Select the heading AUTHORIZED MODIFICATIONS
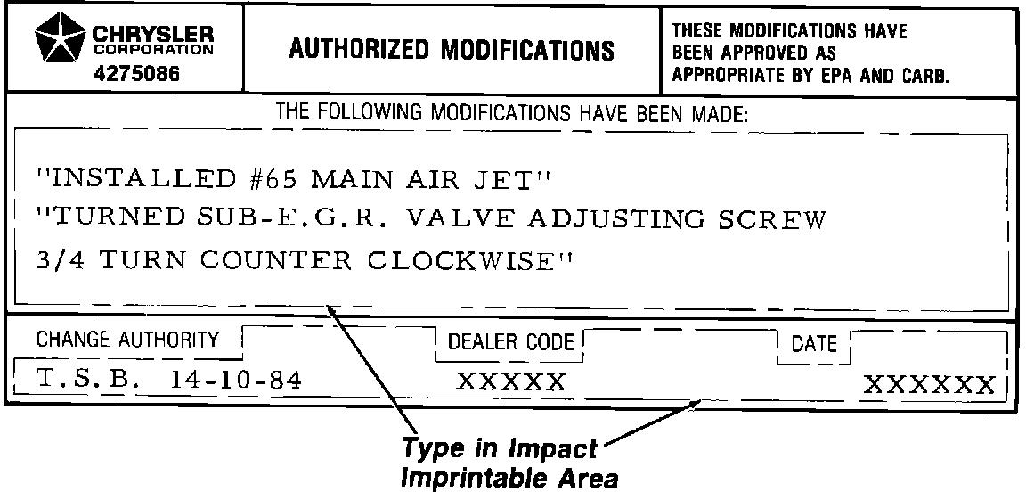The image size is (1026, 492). point(452,51)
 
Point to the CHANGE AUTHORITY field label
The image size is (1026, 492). point(127,340)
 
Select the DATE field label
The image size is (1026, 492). point(814,344)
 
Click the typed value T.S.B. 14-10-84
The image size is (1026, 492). point(169,381)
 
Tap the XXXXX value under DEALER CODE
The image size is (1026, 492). point(510,383)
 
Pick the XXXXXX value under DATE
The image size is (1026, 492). point(929,386)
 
